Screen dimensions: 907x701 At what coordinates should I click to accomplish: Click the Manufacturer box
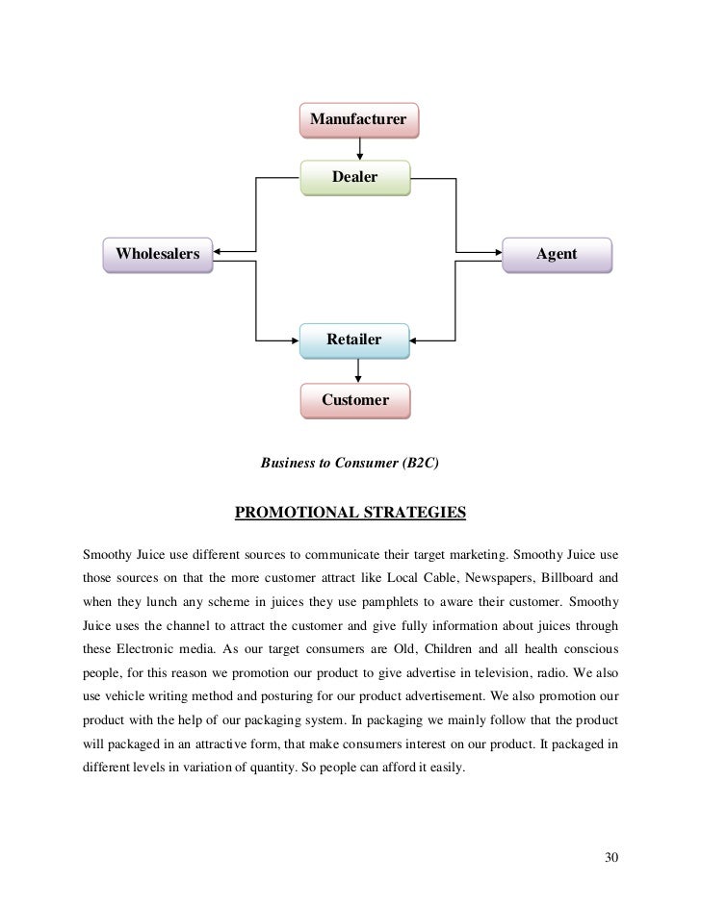358,120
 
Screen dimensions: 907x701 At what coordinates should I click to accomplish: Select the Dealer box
354,177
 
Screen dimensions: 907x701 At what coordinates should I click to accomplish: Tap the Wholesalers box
158,255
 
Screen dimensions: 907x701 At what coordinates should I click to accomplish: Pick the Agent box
557,255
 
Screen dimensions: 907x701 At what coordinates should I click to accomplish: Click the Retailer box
353,340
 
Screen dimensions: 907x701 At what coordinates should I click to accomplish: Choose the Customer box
354,399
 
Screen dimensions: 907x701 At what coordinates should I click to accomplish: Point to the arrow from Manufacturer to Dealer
359,147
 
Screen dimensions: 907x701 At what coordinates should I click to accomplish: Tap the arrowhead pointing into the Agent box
495,255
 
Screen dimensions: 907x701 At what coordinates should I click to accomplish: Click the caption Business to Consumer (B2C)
350,462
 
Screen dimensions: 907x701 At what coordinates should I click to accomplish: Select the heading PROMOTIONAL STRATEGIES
350,512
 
